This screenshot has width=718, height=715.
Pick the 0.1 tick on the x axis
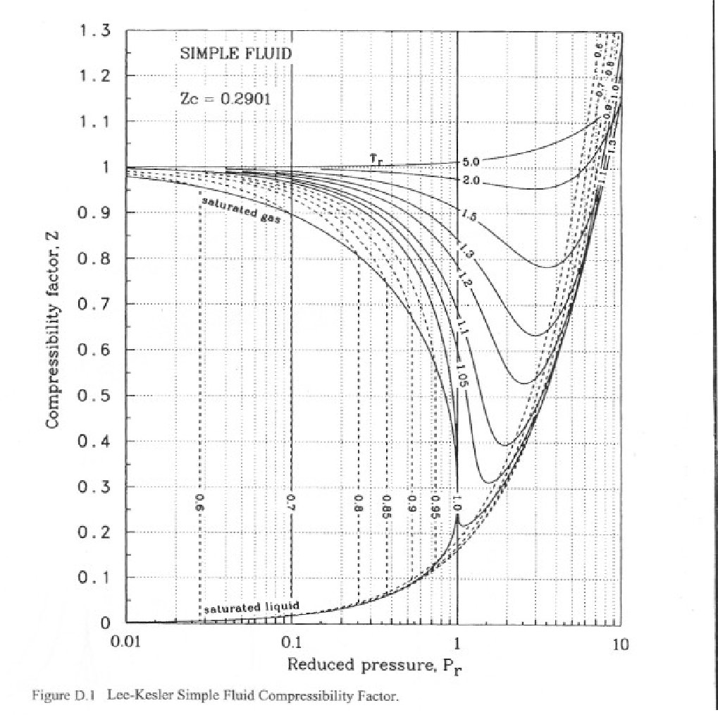click(x=291, y=642)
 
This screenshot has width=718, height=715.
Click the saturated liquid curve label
click(x=252, y=606)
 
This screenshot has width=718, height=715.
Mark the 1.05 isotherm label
click(x=462, y=374)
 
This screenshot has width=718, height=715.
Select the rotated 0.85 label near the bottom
click(x=386, y=506)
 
